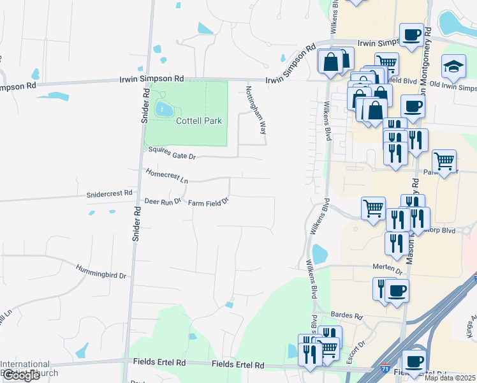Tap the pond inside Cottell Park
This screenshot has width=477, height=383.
tap(163, 109)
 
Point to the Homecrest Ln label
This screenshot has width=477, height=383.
tap(166, 176)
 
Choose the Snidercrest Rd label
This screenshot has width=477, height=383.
tap(109, 192)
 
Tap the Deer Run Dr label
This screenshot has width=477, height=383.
tap(163, 202)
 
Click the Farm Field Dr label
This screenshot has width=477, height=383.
tap(208, 203)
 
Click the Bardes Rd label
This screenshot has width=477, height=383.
tap(346, 316)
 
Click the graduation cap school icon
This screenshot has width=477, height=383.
tap(455, 67)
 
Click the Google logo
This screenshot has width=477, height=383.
tap(21, 375)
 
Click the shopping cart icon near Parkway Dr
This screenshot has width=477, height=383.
tap(444, 160)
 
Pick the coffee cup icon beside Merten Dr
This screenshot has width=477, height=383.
tap(397, 290)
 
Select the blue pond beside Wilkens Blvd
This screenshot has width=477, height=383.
tap(319, 255)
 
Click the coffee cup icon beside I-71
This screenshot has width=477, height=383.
tap(414, 361)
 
